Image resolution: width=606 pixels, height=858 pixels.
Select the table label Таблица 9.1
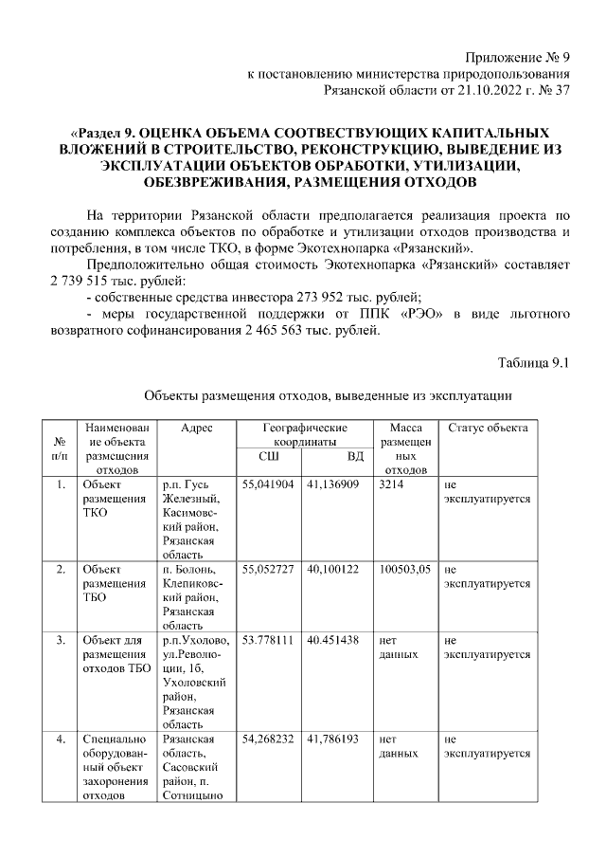[533, 361]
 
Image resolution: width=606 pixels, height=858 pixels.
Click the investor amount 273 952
[299, 300]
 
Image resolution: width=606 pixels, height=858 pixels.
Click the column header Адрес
[196, 429]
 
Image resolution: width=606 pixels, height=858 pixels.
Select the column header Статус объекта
[488, 429]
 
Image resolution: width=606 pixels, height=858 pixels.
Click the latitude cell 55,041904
[268, 484]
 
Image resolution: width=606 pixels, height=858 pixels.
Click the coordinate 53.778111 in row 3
[268, 640]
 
